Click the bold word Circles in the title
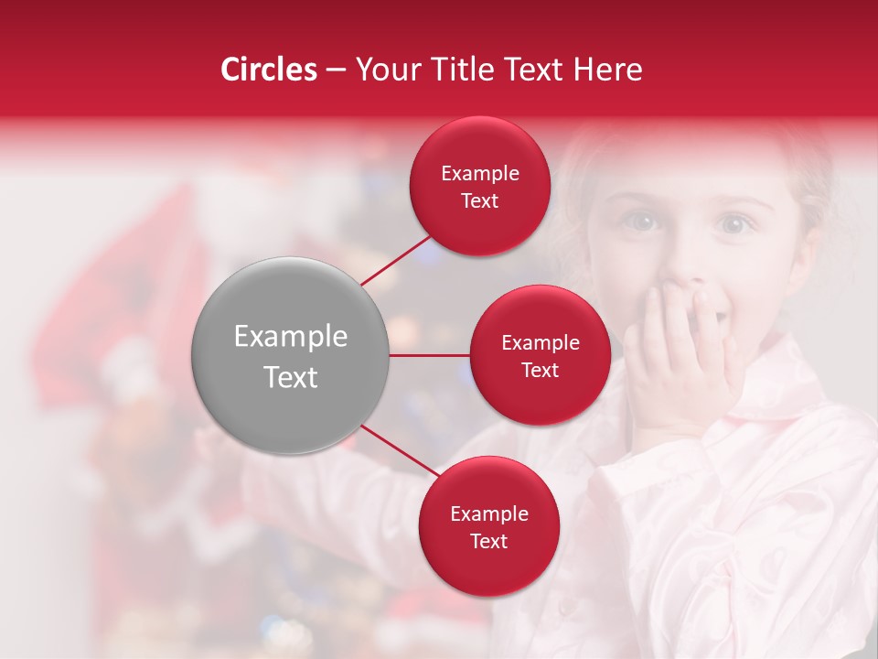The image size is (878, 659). (x=269, y=70)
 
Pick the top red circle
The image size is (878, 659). (x=479, y=186)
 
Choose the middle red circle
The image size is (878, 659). (x=540, y=355)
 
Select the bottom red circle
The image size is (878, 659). (x=488, y=526)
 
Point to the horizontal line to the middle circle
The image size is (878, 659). (x=430, y=355)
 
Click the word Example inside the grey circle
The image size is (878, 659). (x=291, y=337)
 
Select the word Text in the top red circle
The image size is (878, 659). (x=479, y=200)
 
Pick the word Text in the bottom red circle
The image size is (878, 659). (x=488, y=541)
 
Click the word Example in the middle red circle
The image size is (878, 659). (x=540, y=342)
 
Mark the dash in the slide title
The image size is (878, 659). (x=336, y=70)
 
